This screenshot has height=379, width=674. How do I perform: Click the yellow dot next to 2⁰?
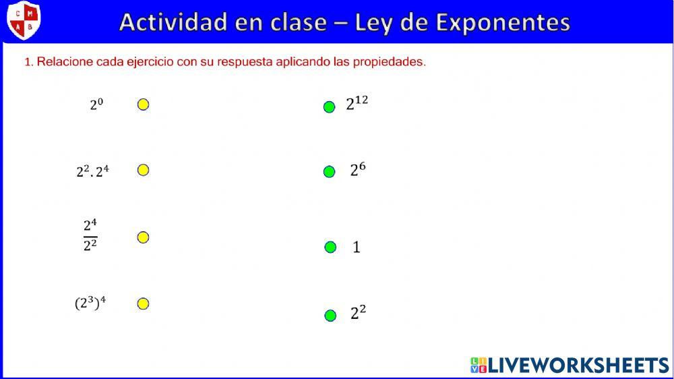pos(143,105)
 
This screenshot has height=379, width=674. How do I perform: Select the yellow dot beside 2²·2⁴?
pos(143,170)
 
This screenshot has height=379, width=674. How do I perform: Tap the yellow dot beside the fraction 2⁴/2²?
pos(143,237)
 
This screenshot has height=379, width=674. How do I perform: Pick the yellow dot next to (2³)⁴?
pos(143,303)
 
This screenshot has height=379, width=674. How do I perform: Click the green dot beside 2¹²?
pos(329,107)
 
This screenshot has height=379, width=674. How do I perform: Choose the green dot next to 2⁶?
pos(329,172)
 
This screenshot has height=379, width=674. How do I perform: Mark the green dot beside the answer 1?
pos(330,247)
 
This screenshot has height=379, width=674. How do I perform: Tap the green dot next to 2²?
pos(330,316)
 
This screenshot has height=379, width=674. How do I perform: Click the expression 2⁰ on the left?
pos(96,105)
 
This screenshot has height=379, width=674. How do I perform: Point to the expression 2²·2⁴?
pos(92,171)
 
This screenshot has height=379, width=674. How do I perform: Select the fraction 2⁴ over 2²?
pos(90,235)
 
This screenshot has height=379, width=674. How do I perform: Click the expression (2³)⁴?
pos(90,303)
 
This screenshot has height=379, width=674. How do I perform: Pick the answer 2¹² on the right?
pos(357,103)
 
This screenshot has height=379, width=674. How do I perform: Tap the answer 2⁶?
pos(357,170)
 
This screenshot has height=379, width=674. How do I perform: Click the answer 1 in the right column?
pos(357,247)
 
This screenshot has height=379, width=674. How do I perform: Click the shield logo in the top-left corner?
pos(24,20)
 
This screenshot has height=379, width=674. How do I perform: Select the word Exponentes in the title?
pos(503,22)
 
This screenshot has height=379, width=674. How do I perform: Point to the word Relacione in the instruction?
pos(65,62)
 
